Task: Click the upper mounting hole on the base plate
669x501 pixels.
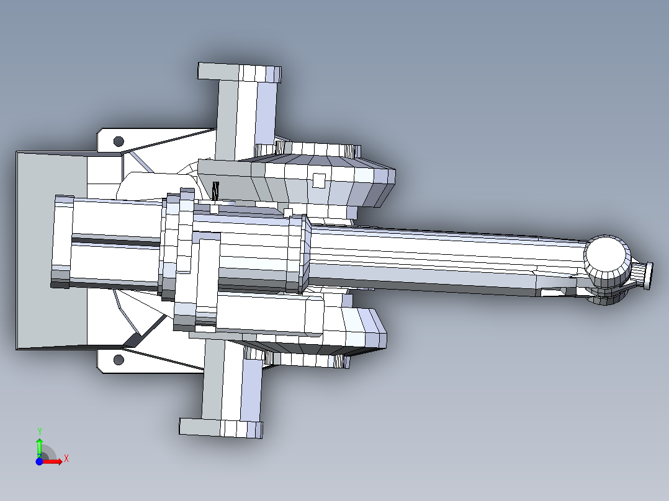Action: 119,141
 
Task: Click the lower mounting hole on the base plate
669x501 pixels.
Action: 119,360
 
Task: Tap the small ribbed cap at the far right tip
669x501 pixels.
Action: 645,275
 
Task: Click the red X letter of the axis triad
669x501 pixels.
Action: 66,458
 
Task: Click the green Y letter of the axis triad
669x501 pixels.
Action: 39,430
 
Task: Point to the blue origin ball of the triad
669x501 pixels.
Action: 39,461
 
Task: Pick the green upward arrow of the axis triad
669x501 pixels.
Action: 39,445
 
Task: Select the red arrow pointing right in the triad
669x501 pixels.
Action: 53,461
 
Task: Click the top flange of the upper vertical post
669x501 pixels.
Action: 239,73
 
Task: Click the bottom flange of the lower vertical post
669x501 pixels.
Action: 221,428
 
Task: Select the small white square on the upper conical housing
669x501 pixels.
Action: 318,180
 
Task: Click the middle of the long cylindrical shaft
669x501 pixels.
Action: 434,257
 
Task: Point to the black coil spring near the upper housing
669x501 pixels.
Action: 215,191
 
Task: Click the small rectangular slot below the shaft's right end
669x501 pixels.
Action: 550,292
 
